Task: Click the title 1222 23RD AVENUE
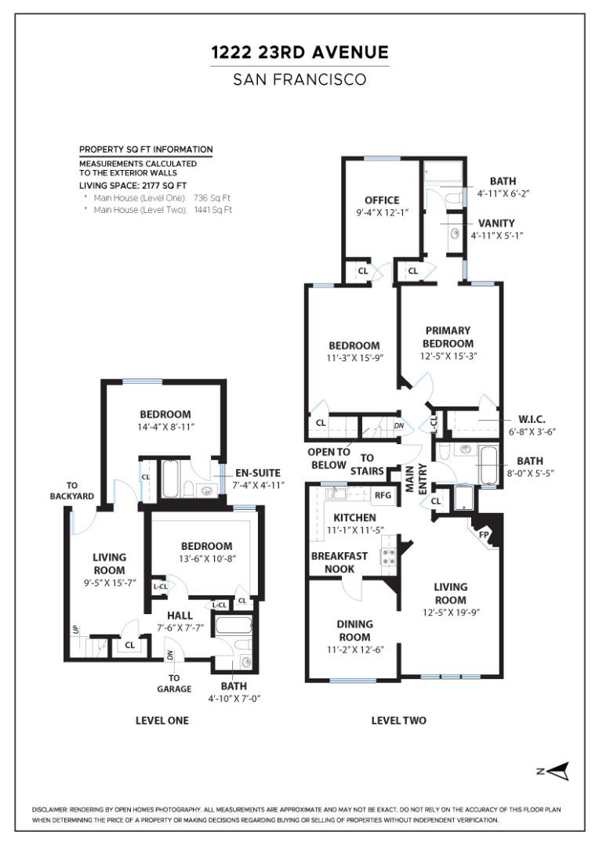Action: click(x=299, y=52)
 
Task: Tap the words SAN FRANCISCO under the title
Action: click(x=299, y=80)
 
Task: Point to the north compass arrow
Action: click(x=559, y=771)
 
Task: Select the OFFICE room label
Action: click(x=382, y=201)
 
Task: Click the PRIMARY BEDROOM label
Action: click(x=448, y=337)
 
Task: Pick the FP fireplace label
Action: click(x=485, y=535)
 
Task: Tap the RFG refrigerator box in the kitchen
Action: click(x=383, y=495)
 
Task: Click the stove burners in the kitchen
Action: click(x=389, y=558)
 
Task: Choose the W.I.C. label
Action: click(x=532, y=419)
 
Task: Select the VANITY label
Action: click(x=496, y=222)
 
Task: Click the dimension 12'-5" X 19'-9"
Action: click(x=451, y=613)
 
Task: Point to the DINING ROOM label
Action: click(x=354, y=630)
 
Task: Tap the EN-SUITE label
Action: click(x=258, y=473)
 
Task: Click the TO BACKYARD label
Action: click(x=72, y=490)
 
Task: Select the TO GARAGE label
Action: click(x=174, y=683)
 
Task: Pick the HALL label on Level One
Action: click(x=180, y=616)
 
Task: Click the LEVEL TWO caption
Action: click(x=398, y=721)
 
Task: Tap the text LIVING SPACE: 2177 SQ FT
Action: click(x=133, y=186)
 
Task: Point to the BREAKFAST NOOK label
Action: click(x=339, y=562)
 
